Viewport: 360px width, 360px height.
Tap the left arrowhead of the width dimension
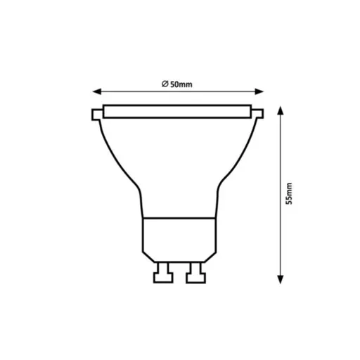pyautogui.click(x=97, y=91)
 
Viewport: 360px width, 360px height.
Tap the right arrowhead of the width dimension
pyautogui.click(x=262, y=91)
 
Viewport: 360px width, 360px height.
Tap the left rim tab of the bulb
pyautogui.click(x=96, y=114)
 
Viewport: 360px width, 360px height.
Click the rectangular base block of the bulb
pyautogui.click(x=179, y=239)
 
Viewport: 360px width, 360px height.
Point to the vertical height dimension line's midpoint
pyautogui.click(x=281, y=193)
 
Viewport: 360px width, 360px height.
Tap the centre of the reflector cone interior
pyautogui.click(x=179, y=162)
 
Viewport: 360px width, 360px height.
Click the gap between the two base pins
pyautogui.click(x=179, y=273)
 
